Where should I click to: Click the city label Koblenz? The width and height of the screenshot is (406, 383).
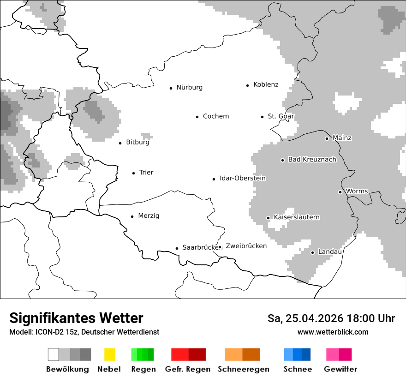point(266,84)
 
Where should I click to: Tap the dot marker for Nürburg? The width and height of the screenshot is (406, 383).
point(171,88)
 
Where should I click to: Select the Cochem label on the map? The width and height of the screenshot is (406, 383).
point(216,116)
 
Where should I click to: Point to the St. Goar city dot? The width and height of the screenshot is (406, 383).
point(262,117)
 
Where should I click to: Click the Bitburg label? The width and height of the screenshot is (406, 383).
point(137,143)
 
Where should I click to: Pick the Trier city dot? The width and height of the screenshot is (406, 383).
point(133,173)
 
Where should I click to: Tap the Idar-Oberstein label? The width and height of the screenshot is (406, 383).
point(243,179)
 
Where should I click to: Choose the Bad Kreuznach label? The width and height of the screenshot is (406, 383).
point(312,160)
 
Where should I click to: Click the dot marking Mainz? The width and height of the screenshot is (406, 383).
point(327,138)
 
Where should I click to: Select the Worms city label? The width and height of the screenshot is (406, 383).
point(357,191)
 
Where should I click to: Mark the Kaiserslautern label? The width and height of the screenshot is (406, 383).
point(297,217)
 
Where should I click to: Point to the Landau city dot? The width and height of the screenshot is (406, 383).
point(312,252)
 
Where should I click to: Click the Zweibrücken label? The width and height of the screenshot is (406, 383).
point(246,246)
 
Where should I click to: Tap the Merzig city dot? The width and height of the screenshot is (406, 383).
point(132,216)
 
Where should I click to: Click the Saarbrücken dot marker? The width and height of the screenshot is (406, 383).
point(177,248)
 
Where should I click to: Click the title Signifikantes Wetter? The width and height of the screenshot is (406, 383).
point(76,318)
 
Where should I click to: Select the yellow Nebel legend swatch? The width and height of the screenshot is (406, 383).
point(109,354)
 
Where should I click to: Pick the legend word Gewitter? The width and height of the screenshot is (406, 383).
point(340,369)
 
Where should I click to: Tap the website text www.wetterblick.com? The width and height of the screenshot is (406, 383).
point(333,332)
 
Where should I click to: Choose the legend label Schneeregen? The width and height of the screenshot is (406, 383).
point(244,369)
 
